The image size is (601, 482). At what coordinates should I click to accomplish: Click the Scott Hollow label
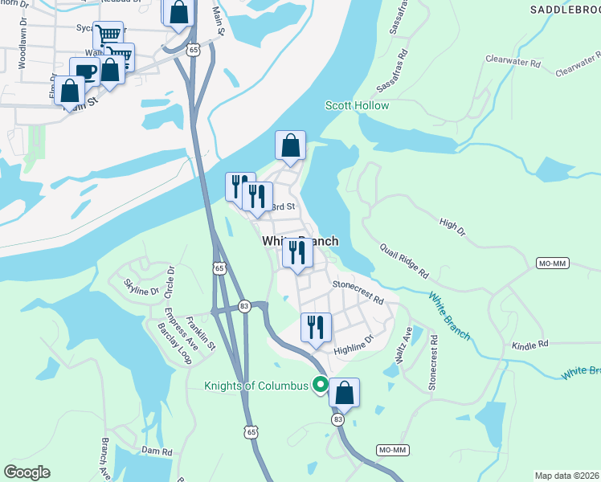pyautogui.click(x=357, y=105)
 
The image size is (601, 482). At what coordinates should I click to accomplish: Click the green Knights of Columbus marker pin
pyautogui.click(x=320, y=386)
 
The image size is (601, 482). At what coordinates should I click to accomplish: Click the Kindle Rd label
pyautogui.click(x=529, y=343)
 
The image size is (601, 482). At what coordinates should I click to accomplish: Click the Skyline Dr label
pyautogui.click(x=141, y=285)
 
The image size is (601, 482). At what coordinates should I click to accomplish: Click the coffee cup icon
pyautogui.click(x=84, y=71)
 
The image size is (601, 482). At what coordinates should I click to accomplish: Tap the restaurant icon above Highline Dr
pyautogui.click(x=316, y=328)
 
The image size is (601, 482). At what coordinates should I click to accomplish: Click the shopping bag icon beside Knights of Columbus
pyautogui.click(x=344, y=393)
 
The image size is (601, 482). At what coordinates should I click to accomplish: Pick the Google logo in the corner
pyautogui.click(x=27, y=472)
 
